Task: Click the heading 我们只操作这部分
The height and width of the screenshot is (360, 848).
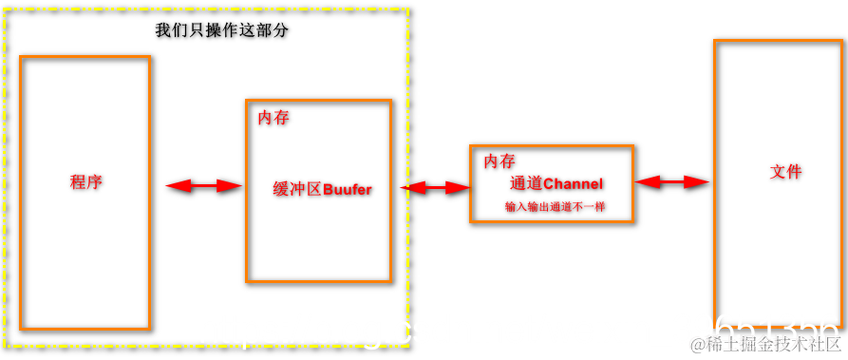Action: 221,30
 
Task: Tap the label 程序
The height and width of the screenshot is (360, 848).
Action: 85,182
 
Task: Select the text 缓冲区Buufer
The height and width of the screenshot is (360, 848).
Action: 322,189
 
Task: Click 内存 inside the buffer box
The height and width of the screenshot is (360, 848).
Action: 273,118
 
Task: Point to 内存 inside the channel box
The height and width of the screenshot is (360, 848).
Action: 499,161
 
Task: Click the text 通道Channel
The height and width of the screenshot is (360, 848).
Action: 556,183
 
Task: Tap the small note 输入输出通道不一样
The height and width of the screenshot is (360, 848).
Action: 556,206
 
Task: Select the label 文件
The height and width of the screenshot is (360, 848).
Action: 785,172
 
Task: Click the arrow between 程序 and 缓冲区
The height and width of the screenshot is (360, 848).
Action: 204,186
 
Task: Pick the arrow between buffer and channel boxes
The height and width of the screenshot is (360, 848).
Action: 435,188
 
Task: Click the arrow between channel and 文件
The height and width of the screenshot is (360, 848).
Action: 672,180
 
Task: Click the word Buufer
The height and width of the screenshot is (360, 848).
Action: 348,189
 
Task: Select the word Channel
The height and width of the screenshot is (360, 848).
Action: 573,183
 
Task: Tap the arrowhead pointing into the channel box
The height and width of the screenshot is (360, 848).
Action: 460,188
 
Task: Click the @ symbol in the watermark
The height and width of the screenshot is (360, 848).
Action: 697,344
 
